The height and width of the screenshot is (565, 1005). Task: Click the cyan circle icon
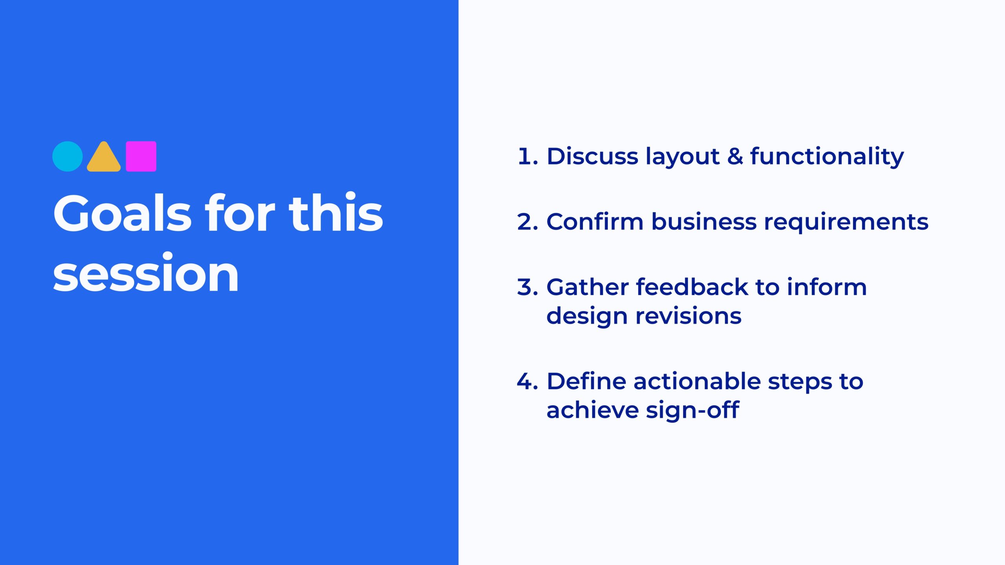point(68,157)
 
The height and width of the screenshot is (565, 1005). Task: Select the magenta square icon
point(141,157)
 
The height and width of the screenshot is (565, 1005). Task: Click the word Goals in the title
point(122,214)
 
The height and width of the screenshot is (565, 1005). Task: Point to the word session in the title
point(146,273)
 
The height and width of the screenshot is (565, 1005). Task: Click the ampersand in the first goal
point(735,156)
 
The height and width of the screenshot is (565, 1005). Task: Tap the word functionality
point(827,157)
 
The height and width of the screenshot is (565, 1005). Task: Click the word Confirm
point(594,222)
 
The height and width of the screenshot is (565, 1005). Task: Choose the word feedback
point(692,287)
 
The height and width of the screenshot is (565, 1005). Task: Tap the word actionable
point(697,381)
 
